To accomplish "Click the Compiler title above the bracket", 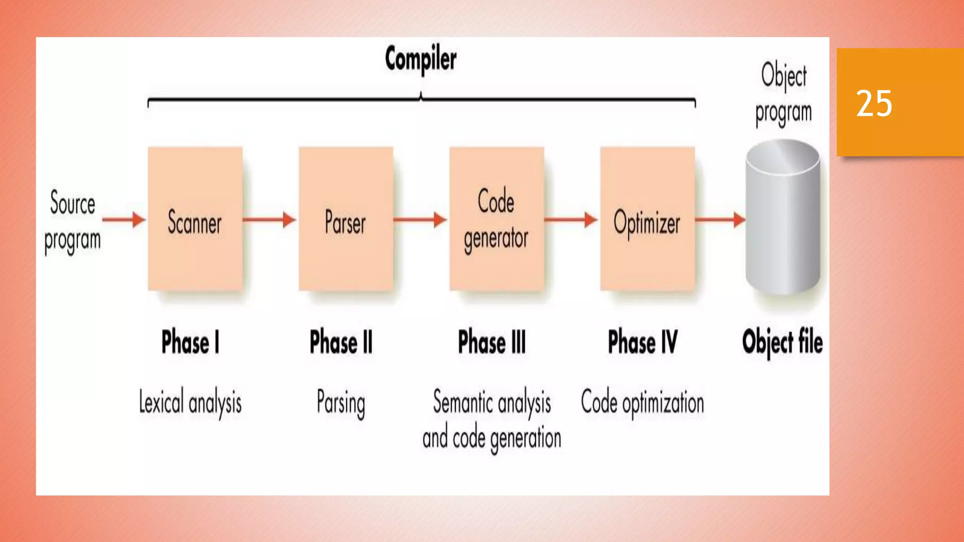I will click(420, 59).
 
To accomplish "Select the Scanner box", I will click(195, 219).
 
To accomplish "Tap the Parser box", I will click(345, 219).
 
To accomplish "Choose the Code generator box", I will click(496, 219).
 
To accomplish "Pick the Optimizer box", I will click(647, 219).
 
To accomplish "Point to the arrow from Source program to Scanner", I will click(124, 219).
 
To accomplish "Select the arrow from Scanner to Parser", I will click(270, 219).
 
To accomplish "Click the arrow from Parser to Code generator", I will click(420, 219).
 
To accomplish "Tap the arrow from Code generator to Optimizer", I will click(571, 219).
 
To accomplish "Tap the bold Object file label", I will click(782, 342).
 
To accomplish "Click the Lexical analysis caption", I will click(190, 403).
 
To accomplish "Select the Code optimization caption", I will click(643, 403).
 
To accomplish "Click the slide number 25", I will click(874, 103).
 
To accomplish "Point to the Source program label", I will click(72, 221).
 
